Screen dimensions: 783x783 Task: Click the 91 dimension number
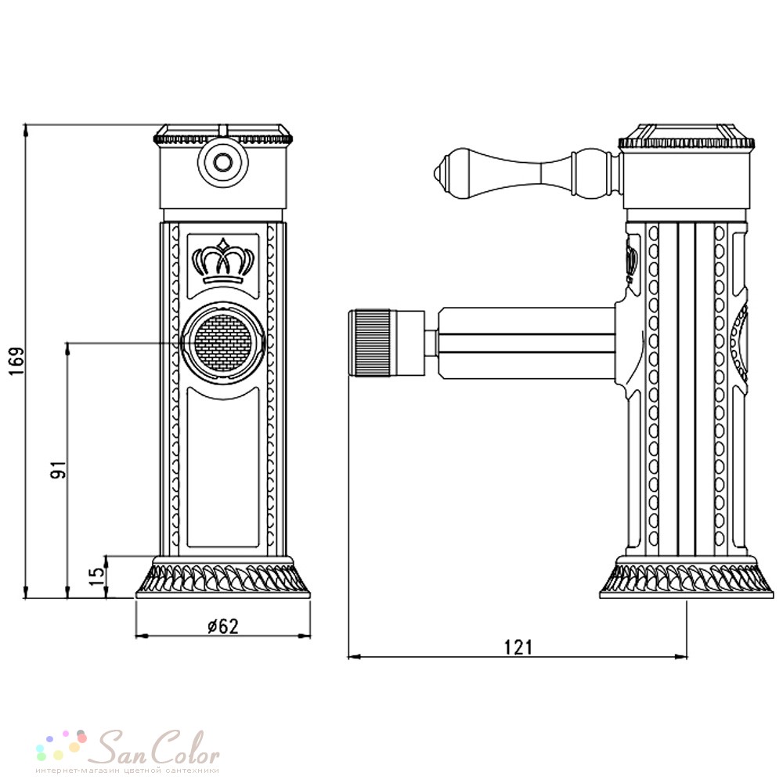coord(58,469)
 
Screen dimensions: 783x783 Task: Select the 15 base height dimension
coord(99,577)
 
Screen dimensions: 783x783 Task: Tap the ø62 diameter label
coord(223,626)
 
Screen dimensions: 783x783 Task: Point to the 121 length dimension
coord(518,648)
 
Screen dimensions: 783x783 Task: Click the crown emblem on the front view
coord(222,262)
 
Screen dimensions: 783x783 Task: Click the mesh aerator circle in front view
coord(222,344)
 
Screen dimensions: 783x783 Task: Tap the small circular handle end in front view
coord(222,162)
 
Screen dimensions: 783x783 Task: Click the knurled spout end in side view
coord(370,343)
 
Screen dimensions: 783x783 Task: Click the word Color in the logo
coord(186,748)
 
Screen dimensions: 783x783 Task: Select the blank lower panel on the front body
coord(222,468)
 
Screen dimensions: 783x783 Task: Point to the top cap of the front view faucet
coord(222,134)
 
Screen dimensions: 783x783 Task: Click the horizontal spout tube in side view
coord(526,343)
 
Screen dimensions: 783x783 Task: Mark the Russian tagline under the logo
coord(128,770)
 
